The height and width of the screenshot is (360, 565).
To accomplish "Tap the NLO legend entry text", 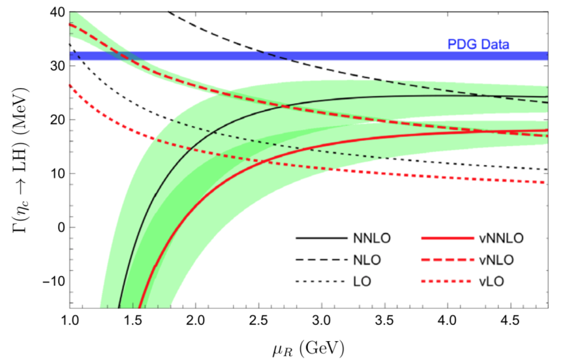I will click(x=359, y=260).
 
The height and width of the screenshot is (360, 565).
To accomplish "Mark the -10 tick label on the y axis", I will click(x=51, y=281).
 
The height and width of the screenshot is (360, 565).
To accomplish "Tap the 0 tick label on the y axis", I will click(x=59, y=228).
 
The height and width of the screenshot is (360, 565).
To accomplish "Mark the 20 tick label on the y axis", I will click(x=55, y=120).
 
